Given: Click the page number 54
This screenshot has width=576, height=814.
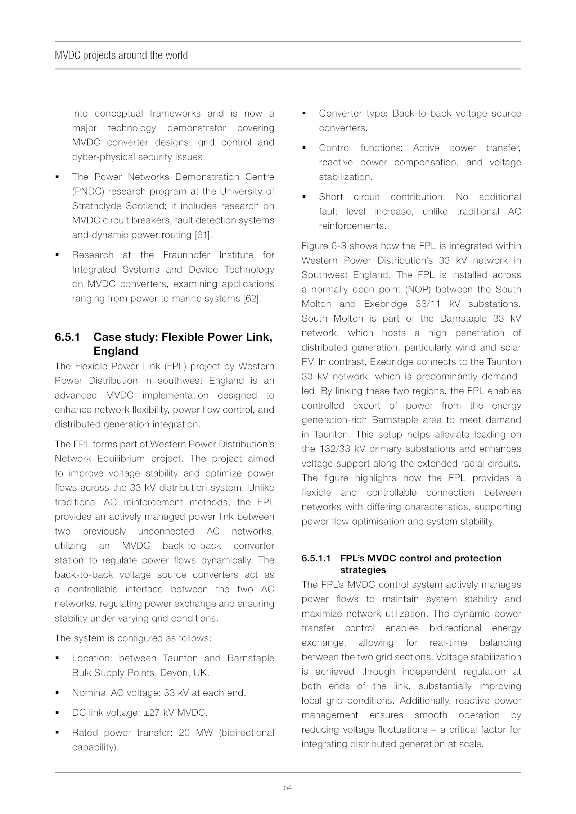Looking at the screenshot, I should click(288, 787).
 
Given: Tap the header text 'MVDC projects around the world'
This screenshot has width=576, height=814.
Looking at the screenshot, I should click(121, 55).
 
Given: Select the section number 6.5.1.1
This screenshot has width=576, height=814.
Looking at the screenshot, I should click(316, 558).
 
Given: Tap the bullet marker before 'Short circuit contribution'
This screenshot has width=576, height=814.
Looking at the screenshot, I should click(304, 197).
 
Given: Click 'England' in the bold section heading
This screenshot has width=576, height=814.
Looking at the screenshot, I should click(116, 351).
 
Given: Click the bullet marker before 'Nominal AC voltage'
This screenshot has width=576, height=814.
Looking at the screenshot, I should click(57, 693).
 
